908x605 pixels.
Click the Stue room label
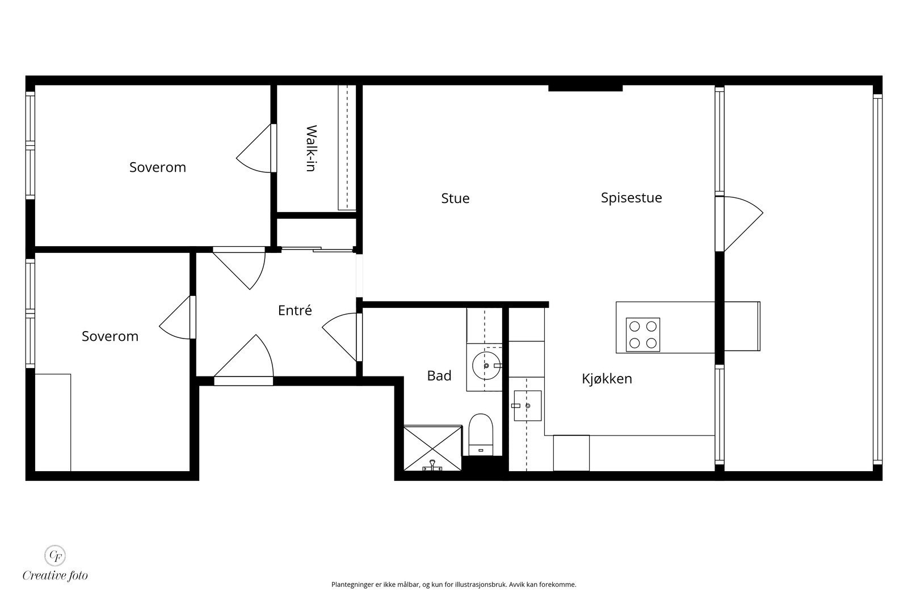(455, 198)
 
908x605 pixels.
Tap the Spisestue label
(631, 198)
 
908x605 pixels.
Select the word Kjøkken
(607, 379)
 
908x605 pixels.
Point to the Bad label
(439, 375)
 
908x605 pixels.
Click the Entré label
(295, 310)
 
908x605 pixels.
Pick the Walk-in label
(311, 148)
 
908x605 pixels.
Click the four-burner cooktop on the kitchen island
(643, 335)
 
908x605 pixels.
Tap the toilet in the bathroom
(481, 434)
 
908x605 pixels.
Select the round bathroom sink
(486, 366)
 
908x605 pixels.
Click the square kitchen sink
(527, 405)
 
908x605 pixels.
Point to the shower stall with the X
(433, 449)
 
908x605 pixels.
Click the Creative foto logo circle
(54, 556)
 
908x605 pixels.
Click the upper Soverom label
(158, 167)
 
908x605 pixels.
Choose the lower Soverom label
(110, 336)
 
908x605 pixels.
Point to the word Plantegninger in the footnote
(352, 585)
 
